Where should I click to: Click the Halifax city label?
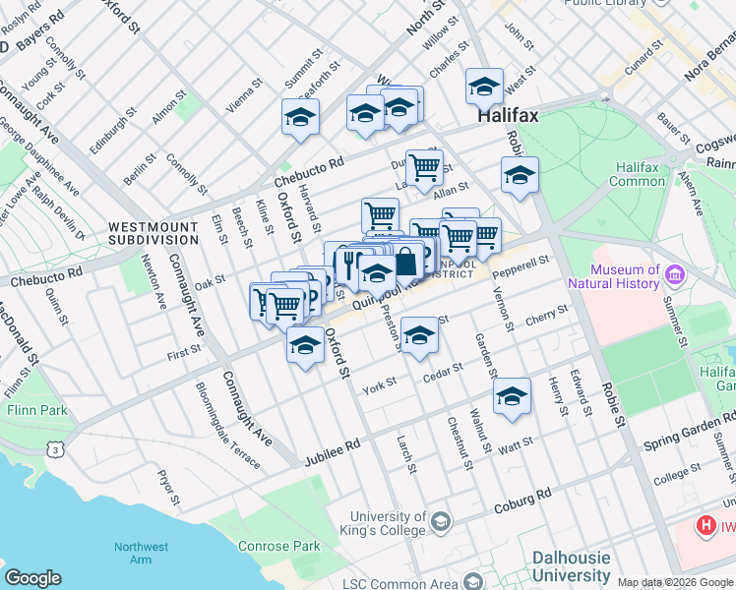(x=508, y=116)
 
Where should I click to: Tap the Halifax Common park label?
(x=638, y=174)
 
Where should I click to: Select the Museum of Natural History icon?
(x=674, y=274)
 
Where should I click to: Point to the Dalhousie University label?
(x=571, y=565)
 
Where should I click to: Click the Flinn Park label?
(x=34, y=409)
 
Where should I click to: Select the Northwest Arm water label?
(x=133, y=553)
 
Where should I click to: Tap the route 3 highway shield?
(x=58, y=449)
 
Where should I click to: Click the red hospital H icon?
(x=705, y=526)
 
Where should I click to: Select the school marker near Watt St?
(x=512, y=396)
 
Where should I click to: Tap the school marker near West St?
(x=484, y=88)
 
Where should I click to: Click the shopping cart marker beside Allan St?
(x=424, y=167)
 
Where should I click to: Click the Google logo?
(x=32, y=578)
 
